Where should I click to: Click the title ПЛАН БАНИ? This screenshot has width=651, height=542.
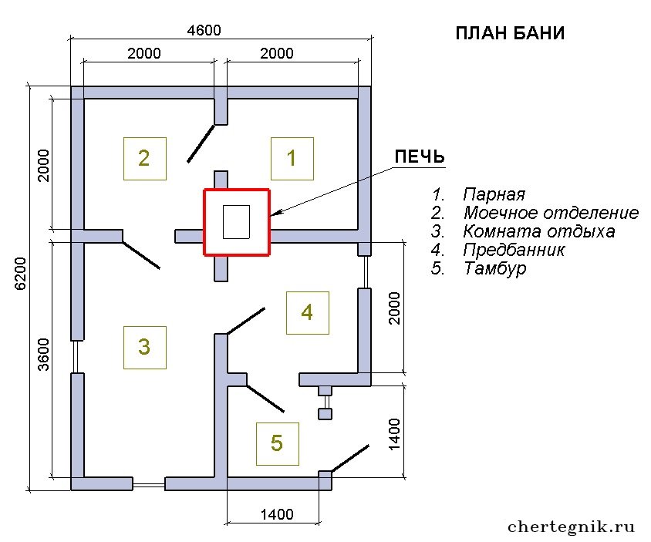pos(510,33)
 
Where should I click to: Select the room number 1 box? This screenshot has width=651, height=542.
pos(292,159)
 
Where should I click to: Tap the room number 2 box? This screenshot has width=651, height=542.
pos(145,159)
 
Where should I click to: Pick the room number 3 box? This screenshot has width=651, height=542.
pos(145,348)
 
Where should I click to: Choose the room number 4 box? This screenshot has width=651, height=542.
pos(308,312)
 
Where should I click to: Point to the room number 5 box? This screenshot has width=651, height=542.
pos(278,443)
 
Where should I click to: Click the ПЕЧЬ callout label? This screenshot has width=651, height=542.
pos(420,157)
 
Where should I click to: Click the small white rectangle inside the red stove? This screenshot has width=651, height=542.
pos(236,222)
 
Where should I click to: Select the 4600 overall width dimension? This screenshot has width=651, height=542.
pos(204,30)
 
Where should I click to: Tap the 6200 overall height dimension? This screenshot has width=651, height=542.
pos(20,274)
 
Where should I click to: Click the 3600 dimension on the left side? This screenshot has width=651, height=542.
pos(43,355)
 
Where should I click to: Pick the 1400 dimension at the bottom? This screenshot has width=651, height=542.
pos(277,514)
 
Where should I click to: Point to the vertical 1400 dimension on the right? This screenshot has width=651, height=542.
pos(394,434)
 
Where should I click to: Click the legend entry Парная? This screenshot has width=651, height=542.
pos(494,194)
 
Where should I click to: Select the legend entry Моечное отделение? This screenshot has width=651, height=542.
pos(551,213)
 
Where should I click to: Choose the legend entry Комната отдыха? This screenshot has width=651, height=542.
pos(539,231)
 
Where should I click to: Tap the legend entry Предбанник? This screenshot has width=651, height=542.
pos(514,250)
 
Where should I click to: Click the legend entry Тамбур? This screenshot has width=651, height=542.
pos(495,268)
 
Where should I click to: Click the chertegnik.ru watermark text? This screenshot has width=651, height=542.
pos(571,527)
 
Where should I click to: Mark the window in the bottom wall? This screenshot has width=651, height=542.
pos(149,484)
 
